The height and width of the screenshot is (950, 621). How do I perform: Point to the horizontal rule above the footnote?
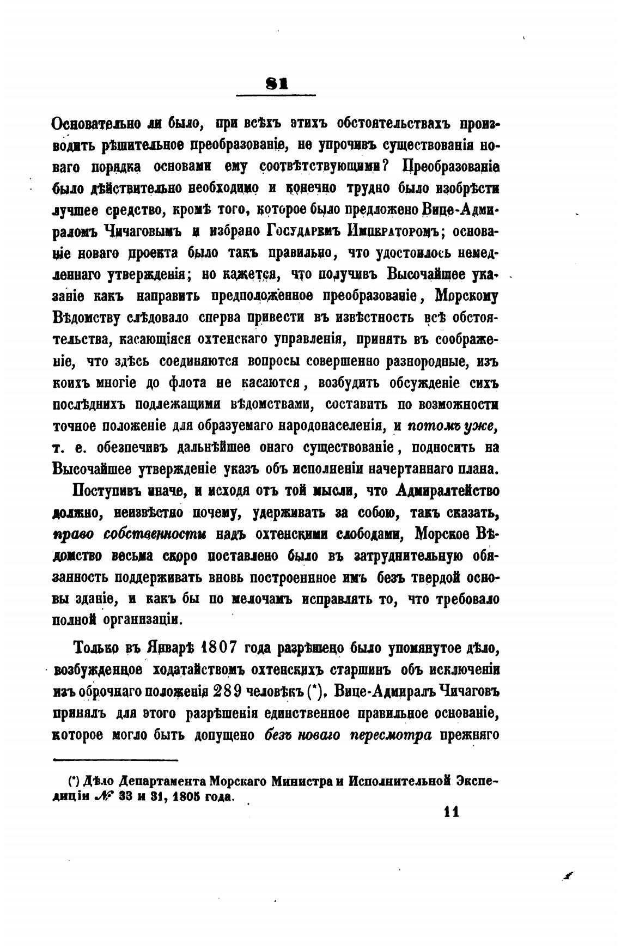[x=116, y=759]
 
